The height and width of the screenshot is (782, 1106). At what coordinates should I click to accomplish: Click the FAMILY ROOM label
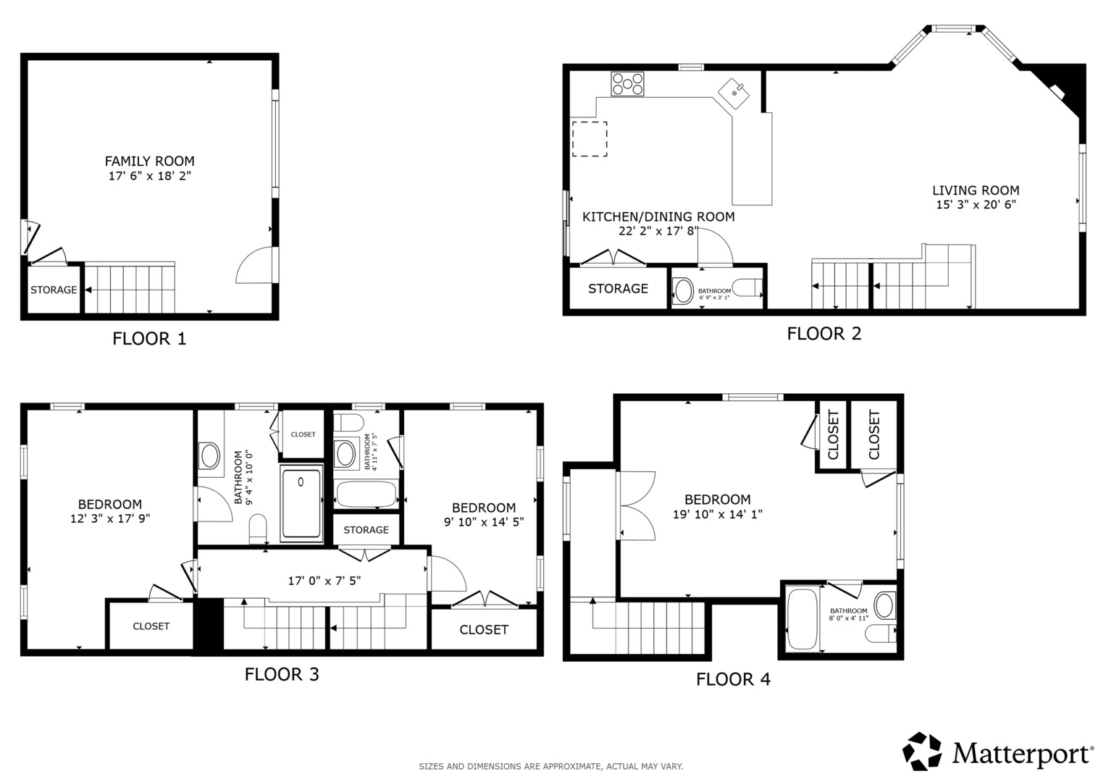(150, 161)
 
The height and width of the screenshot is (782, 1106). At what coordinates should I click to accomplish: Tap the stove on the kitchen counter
(627, 84)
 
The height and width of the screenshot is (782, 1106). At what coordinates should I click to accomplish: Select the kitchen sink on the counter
(733, 94)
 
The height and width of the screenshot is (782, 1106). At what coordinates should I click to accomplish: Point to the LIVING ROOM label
(976, 190)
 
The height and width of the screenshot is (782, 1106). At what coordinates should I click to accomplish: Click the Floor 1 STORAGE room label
(54, 290)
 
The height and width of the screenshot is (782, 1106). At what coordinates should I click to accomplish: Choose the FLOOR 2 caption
(824, 334)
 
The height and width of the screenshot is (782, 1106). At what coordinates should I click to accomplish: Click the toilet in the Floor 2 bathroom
(747, 288)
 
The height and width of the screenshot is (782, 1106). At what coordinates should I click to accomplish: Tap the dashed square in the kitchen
(590, 139)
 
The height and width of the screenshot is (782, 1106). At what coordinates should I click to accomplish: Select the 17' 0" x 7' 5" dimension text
(324, 581)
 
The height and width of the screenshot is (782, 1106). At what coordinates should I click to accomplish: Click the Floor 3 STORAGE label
(366, 530)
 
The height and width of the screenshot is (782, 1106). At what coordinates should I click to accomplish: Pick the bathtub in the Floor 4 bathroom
(803, 619)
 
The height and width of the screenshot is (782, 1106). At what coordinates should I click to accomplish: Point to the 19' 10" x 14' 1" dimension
(718, 514)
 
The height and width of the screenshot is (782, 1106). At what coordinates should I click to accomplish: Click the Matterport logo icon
(921, 751)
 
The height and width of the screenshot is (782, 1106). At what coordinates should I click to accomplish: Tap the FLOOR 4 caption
(733, 679)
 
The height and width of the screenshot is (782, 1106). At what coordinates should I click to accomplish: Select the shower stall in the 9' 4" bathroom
(301, 503)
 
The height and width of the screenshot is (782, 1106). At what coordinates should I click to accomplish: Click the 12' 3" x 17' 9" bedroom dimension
(110, 518)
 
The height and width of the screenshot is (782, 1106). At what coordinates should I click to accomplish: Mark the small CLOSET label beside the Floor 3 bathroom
(303, 434)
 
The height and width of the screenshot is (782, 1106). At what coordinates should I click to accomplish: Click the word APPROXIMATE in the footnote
(572, 767)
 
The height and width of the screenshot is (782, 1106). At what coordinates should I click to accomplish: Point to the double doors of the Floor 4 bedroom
(637, 506)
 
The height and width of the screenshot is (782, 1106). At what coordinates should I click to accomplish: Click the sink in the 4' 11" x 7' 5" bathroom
(345, 454)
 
